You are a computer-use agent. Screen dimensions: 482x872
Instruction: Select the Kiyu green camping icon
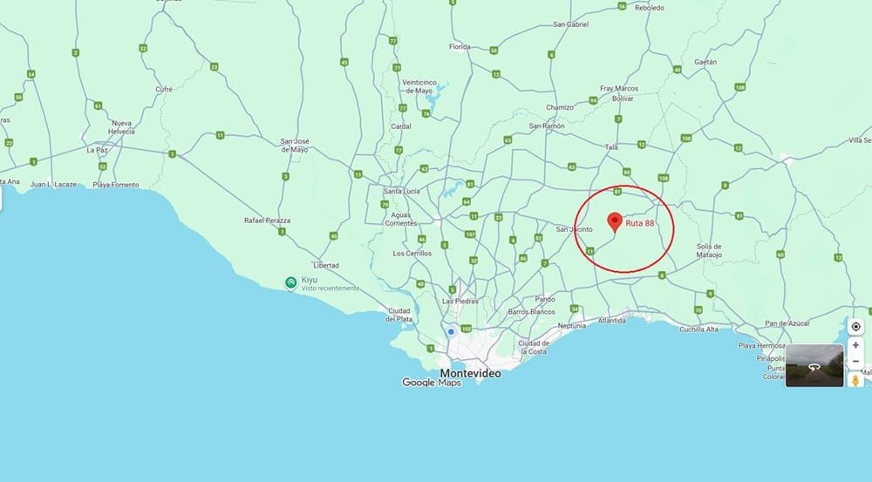tap(291, 282)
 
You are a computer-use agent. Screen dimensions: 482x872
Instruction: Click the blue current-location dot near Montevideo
tap(451, 331)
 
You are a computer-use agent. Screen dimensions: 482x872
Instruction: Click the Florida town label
tap(460, 47)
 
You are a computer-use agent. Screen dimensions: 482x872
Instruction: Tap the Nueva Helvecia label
tap(123, 126)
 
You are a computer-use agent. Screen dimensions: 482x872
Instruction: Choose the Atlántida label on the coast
tap(611, 321)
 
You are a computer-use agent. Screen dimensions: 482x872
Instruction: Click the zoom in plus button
tap(855, 345)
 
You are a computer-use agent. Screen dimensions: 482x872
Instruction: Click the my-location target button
tap(855, 327)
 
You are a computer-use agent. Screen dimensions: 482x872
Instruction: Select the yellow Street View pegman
tap(855, 380)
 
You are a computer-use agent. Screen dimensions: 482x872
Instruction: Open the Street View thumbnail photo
tap(814, 365)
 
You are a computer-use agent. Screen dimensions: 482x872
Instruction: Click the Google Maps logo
tap(432, 383)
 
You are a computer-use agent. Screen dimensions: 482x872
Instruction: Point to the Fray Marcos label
tap(619, 88)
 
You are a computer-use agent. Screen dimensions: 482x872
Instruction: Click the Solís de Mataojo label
tap(709, 250)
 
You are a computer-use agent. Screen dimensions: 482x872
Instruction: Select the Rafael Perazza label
tap(267, 221)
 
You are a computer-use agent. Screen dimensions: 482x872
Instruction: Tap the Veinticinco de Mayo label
tap(418, 86)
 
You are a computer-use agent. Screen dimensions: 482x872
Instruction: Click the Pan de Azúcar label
tap(788, 324)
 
